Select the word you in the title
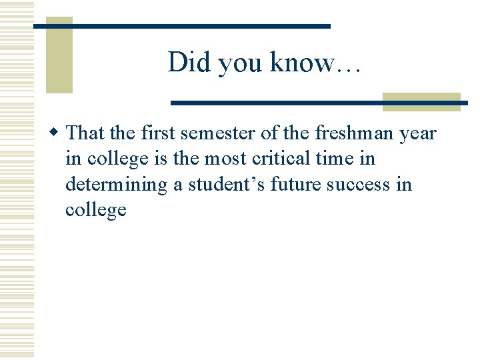(241, 64)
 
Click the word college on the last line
(95, 211)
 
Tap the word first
(157, 133)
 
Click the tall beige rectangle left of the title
(59, 55)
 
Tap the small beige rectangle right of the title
(421, 101)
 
